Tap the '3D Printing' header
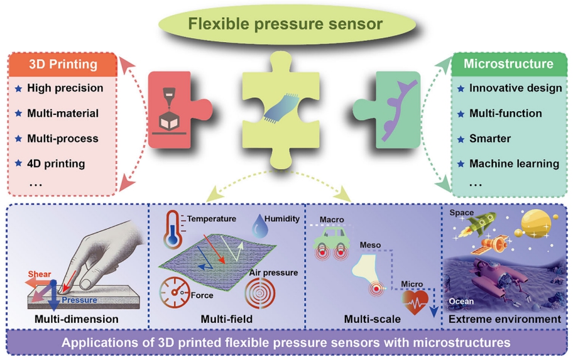(63, 64)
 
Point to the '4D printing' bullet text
(56, 163)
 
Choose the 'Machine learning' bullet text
(514, 163)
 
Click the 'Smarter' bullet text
(489, 138)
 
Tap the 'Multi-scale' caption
(373, 319)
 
